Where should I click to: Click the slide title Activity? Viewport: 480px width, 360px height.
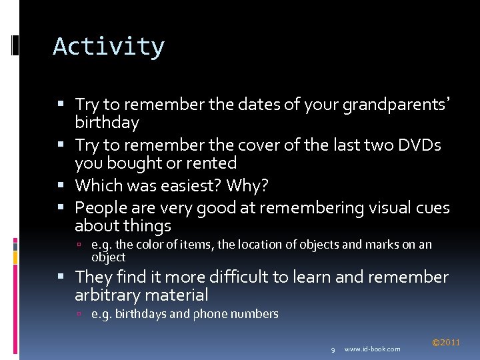(109, 47)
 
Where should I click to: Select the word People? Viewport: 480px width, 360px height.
(101, 208)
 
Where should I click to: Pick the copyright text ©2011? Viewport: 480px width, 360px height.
(445, 343)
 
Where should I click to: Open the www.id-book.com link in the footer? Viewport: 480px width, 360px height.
(373, 349)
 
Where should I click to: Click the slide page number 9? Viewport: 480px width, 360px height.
(333, 349)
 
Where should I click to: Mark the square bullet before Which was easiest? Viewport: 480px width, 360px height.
(67, 185)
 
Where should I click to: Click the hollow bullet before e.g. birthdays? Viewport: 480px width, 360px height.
(79, 314)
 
